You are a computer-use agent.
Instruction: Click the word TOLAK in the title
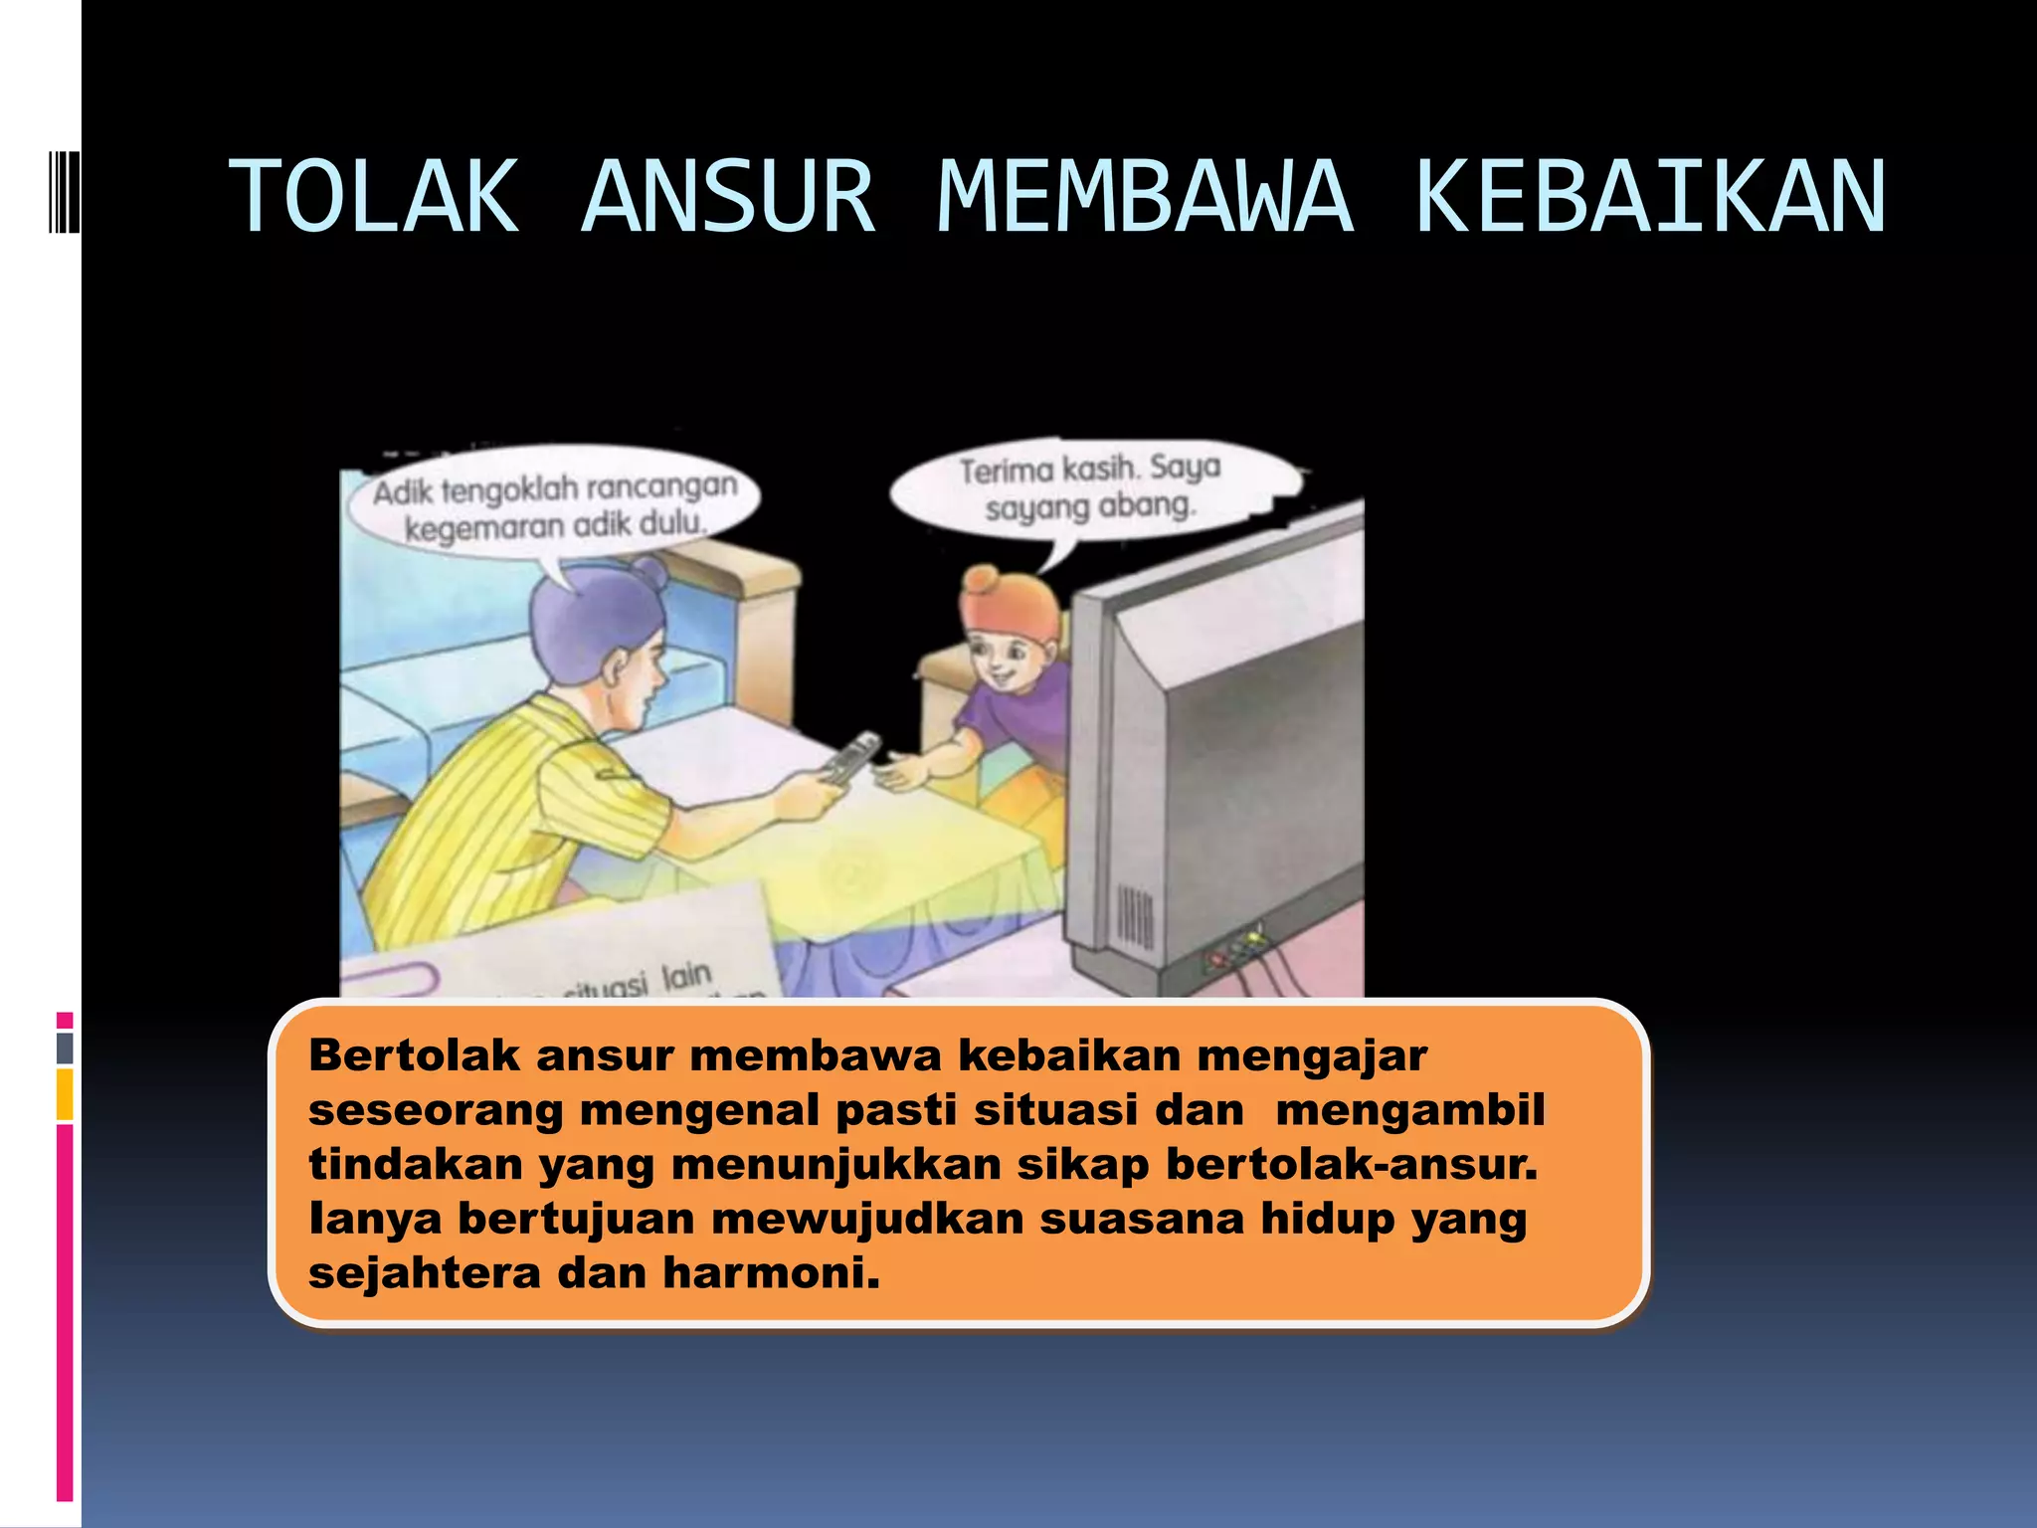click(x=375, y=197)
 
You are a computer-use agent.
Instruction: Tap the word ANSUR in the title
click(x=728, y=197)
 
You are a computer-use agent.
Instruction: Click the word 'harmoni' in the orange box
click(x=771, y=1273)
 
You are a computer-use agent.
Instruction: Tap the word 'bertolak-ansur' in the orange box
click(x=1352, y=1165)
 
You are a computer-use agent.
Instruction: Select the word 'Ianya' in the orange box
click(x=375, y=1220)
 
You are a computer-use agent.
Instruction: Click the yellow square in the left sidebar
click(x=65, y=1094)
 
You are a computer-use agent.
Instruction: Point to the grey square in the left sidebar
click(x=65, y=1048)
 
